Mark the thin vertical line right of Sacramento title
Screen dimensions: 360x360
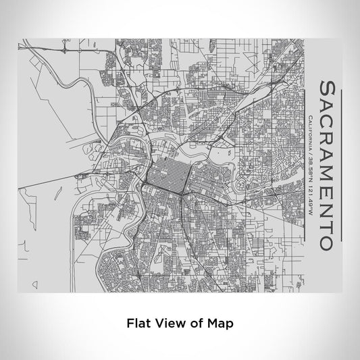(x=342, y=168)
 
